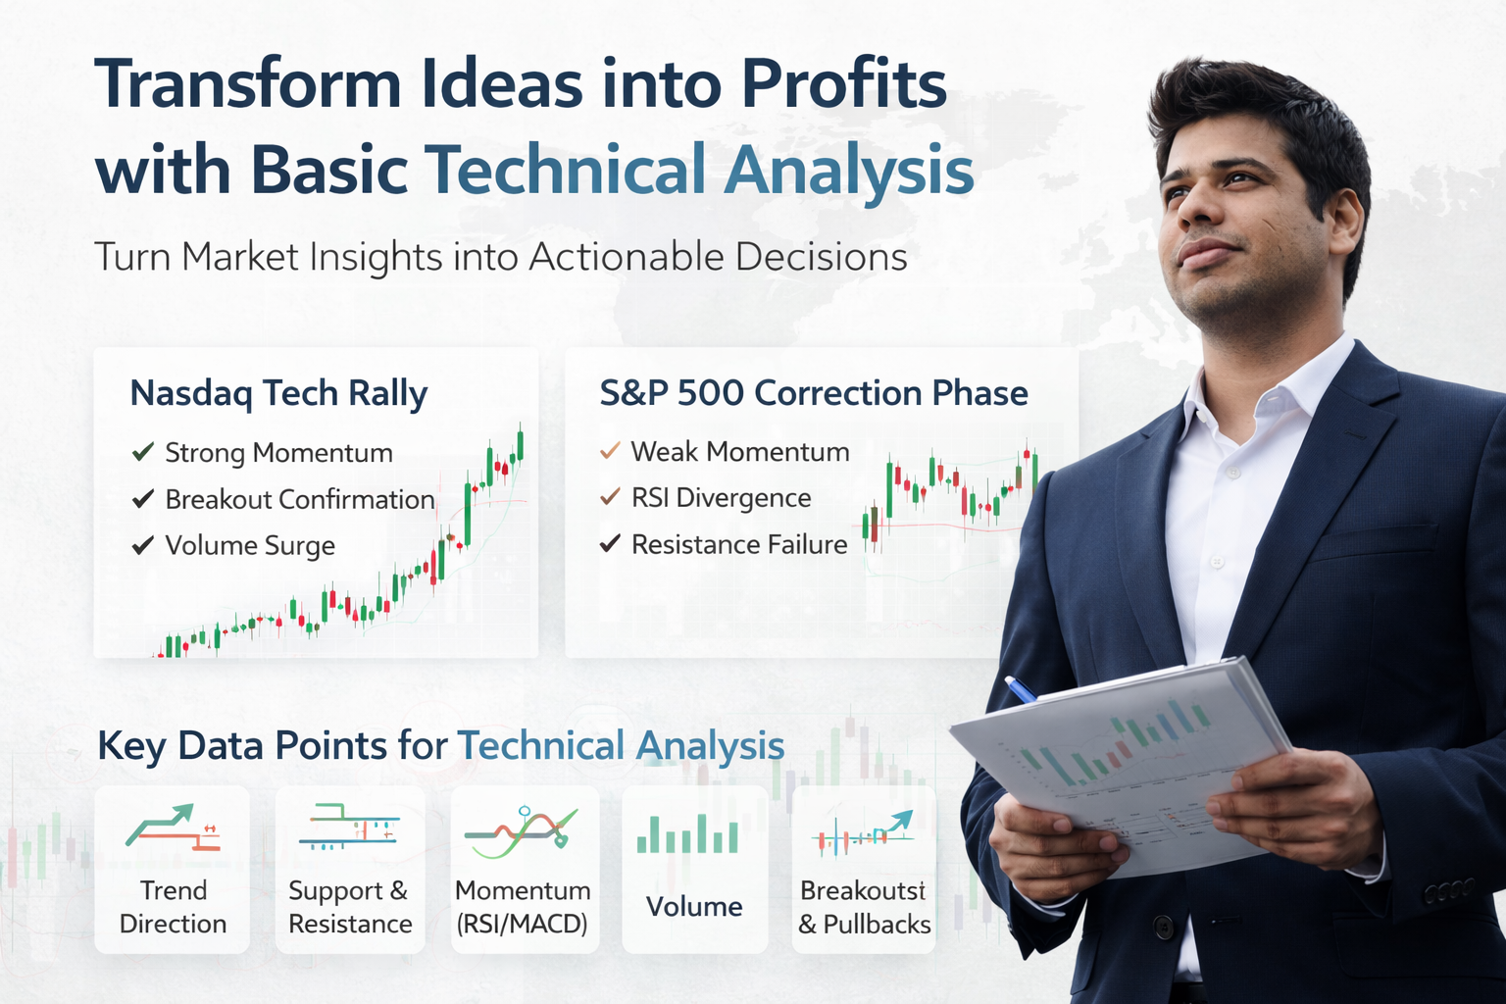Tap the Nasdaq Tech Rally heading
pos(278,393)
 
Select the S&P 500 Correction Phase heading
pos(814,393)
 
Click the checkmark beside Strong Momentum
pos(143,452)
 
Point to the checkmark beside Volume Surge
pos(143,545)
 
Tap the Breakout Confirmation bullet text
pos(300,500)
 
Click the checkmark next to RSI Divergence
pos(610,497)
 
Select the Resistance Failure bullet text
pos(739,544)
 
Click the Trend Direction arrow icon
pos(173,827)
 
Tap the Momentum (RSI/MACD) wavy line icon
pos(522,832)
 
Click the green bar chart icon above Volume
pos(687,833)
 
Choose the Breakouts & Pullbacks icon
pos(863,833)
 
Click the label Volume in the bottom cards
pos(694,907)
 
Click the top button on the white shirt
pos(1232,473)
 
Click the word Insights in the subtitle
pos(376,257)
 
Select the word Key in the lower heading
pos(131,746)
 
